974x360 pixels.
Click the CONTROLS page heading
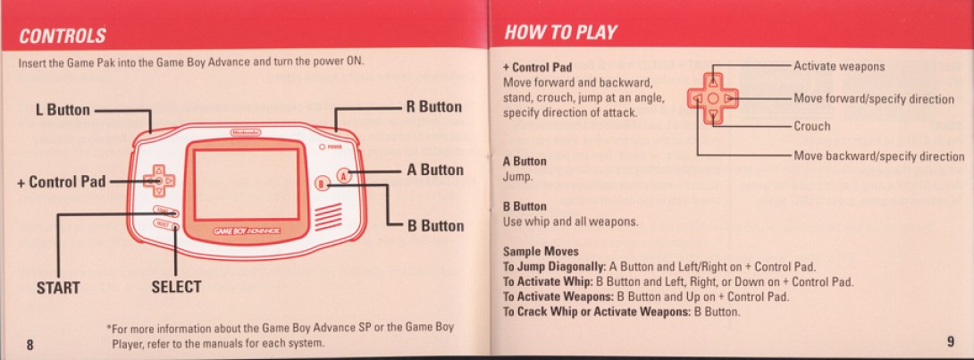63,36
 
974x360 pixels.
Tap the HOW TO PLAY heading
560,32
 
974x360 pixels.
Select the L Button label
63,111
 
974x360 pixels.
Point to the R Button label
434,107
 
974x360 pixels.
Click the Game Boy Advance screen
247,184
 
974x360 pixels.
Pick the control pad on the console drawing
159,180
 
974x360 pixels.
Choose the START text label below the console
58,288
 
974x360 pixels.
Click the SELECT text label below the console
176,287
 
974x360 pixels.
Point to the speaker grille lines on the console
327,216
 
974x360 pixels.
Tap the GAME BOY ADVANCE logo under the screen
246,231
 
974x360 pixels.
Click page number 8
29,344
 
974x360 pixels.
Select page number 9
951,340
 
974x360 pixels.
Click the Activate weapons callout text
839,66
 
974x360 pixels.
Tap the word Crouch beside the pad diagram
812,126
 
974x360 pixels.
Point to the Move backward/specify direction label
879,155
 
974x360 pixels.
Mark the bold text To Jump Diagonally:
554,267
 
